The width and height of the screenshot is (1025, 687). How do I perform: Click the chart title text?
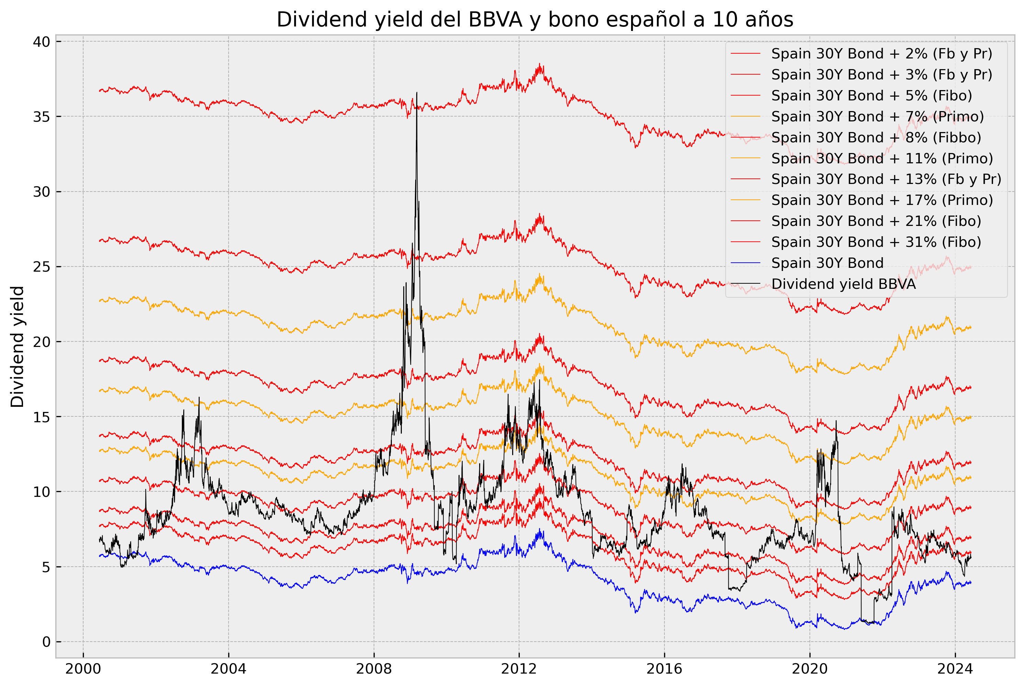pos(534,20)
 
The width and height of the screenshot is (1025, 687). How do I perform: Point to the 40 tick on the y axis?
pos(41,42)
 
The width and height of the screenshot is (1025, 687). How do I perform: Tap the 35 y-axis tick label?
pos(41,117)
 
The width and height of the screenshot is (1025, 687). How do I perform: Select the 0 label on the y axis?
pos(46,642)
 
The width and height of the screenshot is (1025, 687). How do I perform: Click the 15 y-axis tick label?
pos(41,417)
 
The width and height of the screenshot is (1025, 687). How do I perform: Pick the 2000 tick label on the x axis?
pos(83,669)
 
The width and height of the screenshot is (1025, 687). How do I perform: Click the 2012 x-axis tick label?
pos(519,669)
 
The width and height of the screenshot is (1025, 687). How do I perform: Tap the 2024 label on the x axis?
pos(955,669)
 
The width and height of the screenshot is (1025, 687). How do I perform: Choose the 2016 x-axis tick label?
pos(664,669)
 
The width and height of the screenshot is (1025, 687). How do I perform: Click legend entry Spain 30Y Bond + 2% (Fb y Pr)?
pos(881,54)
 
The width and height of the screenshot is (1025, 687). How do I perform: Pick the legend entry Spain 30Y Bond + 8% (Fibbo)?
pos(876,138)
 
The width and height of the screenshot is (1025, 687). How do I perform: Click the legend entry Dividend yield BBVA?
pos(843,284)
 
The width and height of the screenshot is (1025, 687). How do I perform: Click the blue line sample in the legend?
pos(745,263)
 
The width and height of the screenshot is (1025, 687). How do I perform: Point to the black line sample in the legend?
pos(745,284)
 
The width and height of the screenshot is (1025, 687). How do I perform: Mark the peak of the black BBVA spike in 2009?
pos(417,92)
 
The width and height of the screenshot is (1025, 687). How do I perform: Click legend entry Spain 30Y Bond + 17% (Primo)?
pos(882,200)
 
